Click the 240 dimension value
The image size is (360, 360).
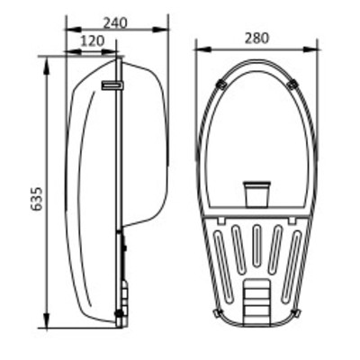[x=115, y=22]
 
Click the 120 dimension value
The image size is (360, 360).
[x=92, y=40]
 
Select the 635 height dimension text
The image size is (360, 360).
[x=37, y=199]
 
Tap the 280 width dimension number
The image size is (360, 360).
[x=256, y=39]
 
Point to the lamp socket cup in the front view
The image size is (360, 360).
[x=256, y=193]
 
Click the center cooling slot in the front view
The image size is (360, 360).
[x=256, y=246]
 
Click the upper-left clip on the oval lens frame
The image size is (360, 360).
[x=222, y=85]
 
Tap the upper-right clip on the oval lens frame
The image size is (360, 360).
[x=292, y=85]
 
